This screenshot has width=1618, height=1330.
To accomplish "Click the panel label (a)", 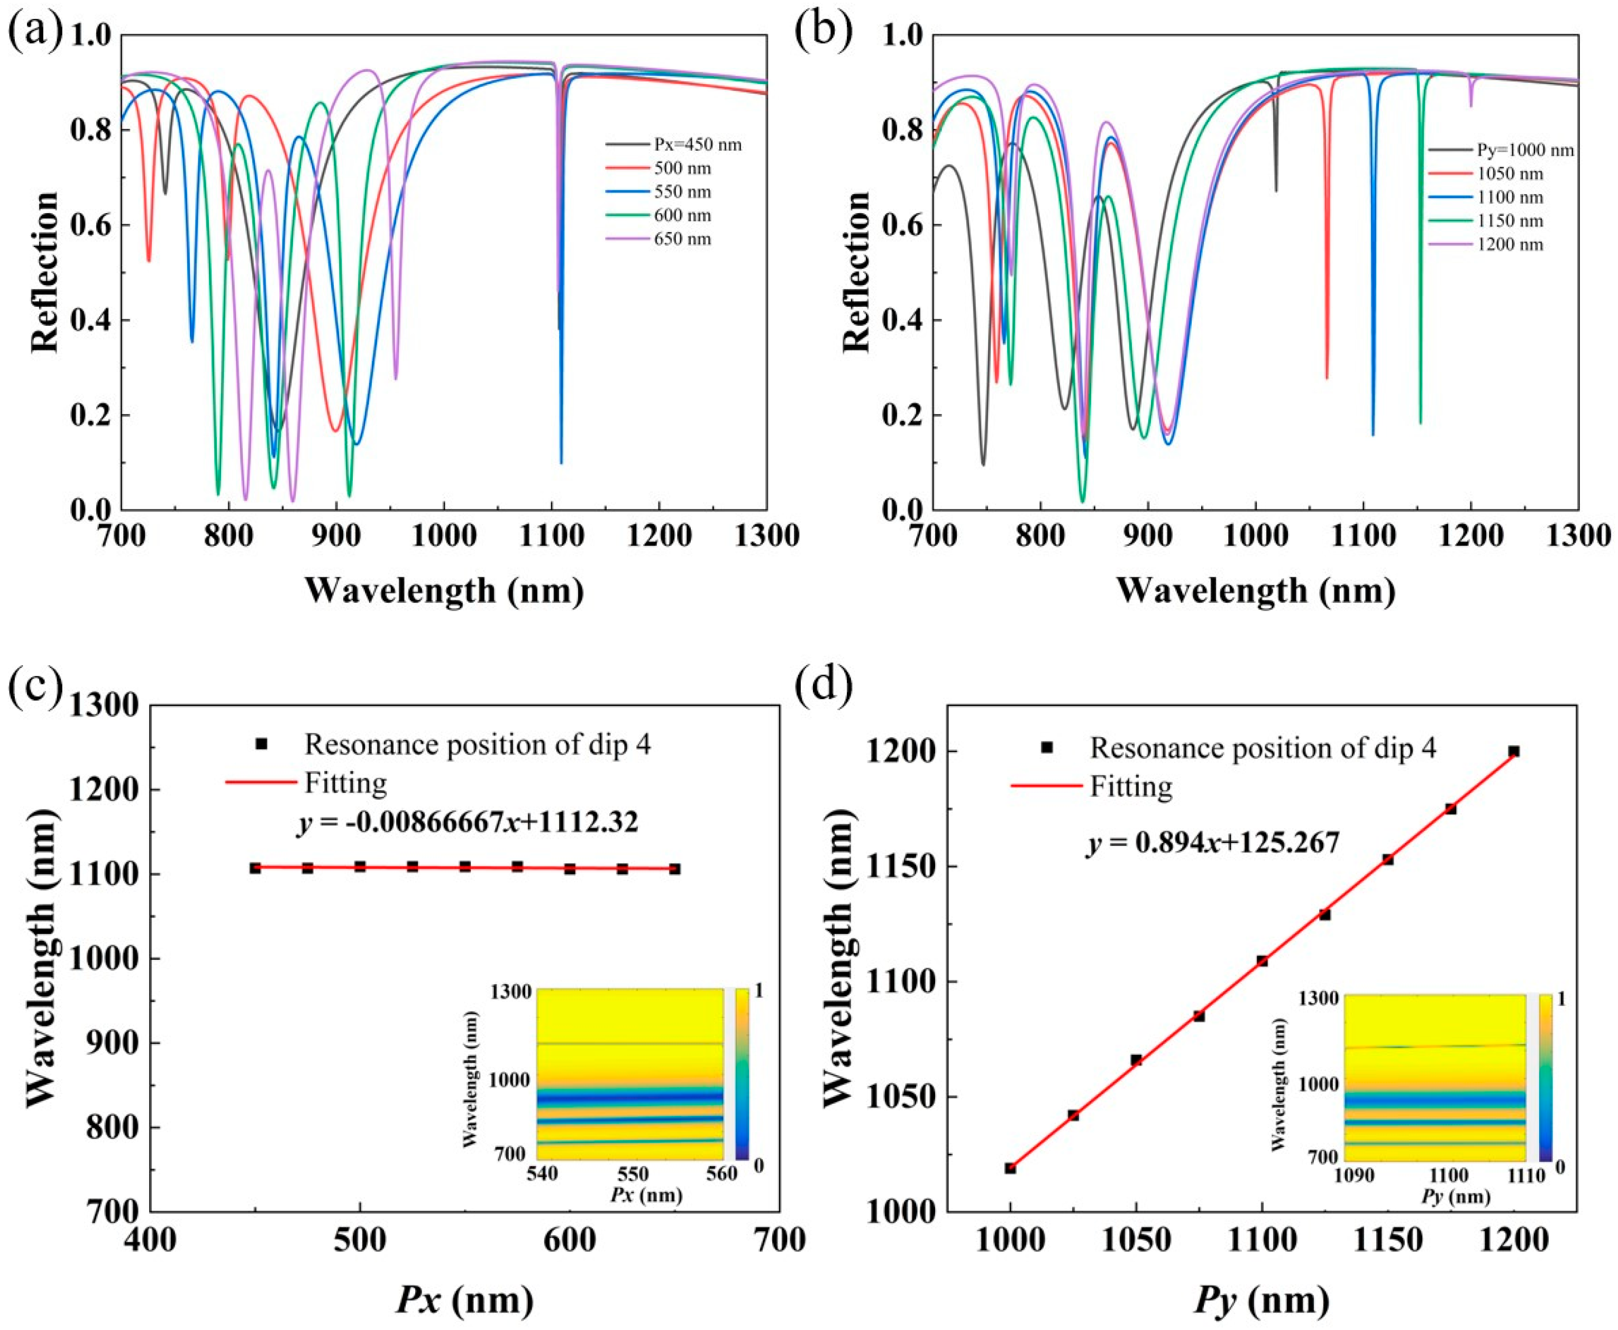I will tap(34, 34).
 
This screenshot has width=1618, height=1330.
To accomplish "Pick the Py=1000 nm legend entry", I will tap(1517, 150).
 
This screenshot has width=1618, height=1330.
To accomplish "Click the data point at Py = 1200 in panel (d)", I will tap(1514, 751).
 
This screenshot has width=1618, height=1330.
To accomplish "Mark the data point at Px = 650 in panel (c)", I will tap(675, 869).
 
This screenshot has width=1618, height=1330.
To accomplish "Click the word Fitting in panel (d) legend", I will tap(1131, 787).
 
